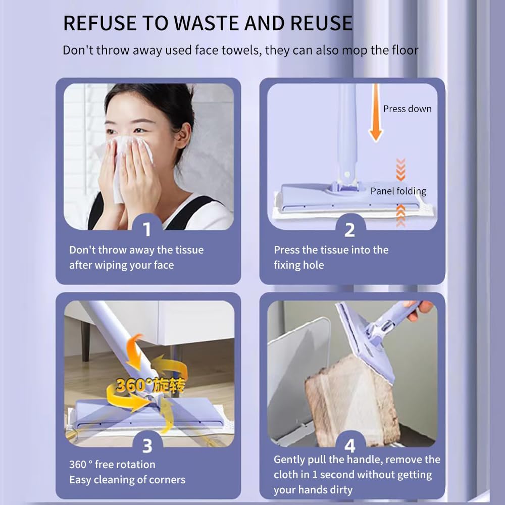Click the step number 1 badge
(x=147, y=229)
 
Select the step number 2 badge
(x=349, y=229)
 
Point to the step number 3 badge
(x=147, y=445)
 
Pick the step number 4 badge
(x=349, y=445)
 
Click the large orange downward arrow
(x=375, y=114)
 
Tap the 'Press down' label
(x=407, y=109)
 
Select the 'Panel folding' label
(x=398, y=191)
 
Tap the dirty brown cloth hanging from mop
(x=348, y=399)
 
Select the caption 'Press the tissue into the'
(x=331, y=250)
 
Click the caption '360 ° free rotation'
(x=112, y=465)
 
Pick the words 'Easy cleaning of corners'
(x=127, y=480)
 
